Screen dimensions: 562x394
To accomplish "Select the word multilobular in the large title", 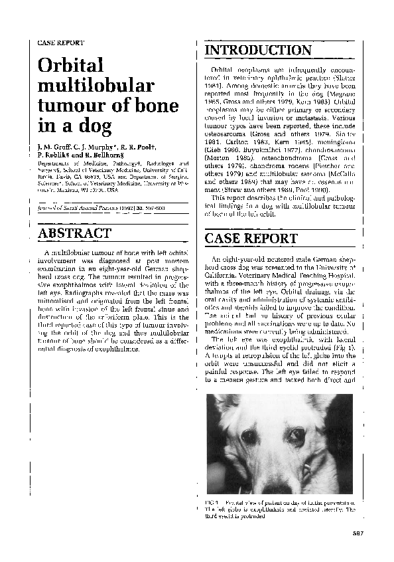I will [x=96, y=86].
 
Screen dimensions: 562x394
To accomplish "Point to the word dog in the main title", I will [x=95, y=126].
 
